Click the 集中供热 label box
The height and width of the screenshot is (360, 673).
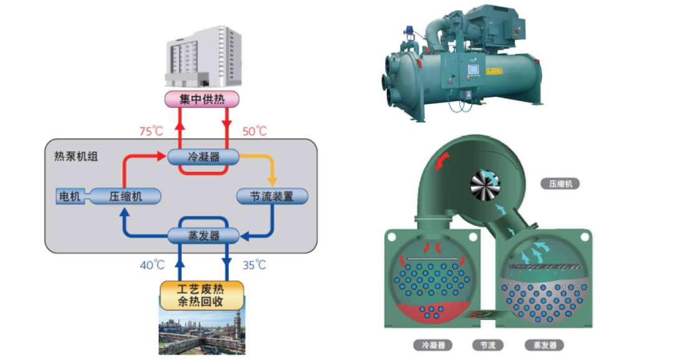[203, 99]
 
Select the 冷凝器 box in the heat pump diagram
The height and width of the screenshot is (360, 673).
[203, 156]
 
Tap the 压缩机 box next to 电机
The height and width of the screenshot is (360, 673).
[126, 196]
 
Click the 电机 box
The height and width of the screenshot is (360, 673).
[69, 196]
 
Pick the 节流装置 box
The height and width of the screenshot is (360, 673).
[273, 196]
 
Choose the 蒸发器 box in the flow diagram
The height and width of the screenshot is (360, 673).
[203, 235]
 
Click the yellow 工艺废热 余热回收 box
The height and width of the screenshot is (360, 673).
[201, 295]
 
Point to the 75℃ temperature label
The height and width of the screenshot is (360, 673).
[151, 131]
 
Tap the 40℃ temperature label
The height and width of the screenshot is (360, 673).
[151, 265]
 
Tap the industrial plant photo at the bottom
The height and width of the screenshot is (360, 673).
[201, 333]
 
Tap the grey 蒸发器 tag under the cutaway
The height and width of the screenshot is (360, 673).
[545, 344]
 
